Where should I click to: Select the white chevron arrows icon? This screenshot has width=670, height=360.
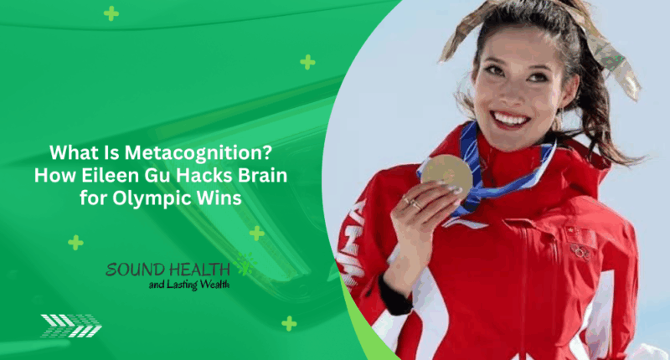71,325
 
